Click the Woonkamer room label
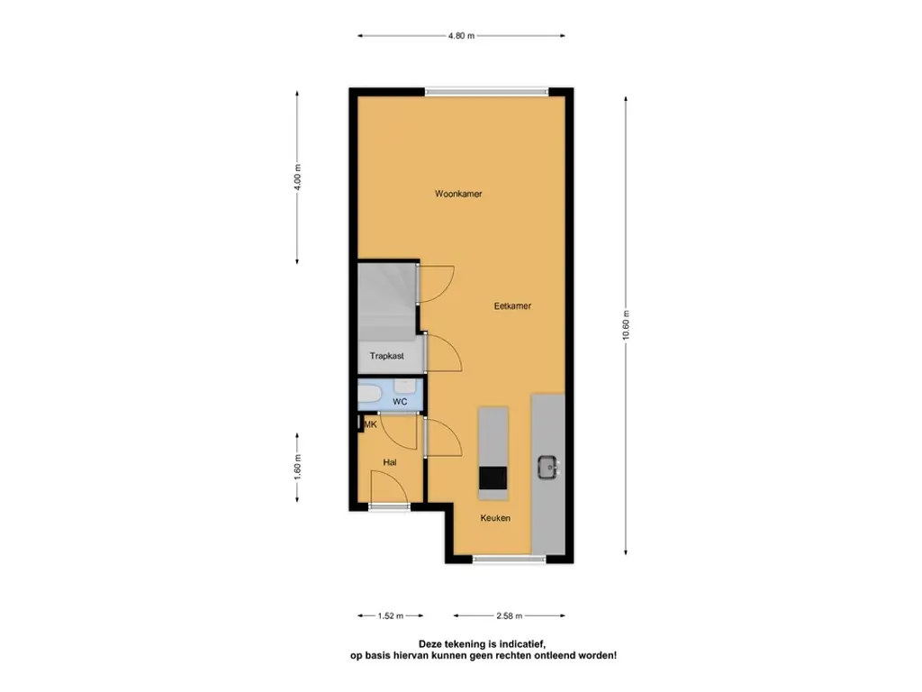point(458,194)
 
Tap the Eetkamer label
point(512,306)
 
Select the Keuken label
point(495,518)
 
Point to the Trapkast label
point(387,356)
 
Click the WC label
point(400,402)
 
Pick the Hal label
point(389,462)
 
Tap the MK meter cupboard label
point(370,424)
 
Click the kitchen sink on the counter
point(548,468)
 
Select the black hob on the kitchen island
point(493,478)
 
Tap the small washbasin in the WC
point(404,386)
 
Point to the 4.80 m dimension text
point(462,36)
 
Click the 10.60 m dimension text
point(626,324)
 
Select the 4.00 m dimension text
point(297,177)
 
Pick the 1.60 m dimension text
point(297,468)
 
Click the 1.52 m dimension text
point(391,616)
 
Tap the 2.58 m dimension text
point(510,616)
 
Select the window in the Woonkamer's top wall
point(487,92)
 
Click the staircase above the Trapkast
point(388,301)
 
